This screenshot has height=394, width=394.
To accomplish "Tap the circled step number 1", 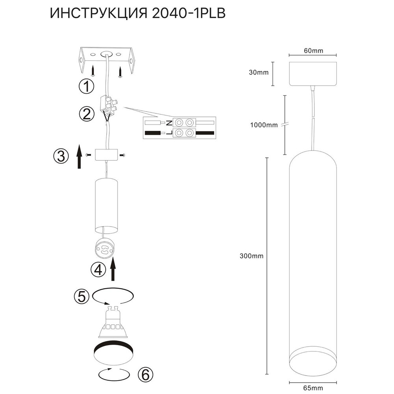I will tap(86, 86).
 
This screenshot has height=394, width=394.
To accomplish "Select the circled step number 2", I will tap(86, 115).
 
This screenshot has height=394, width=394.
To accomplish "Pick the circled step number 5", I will tap(82, 297).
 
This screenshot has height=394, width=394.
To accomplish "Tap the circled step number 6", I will tap(145, 374).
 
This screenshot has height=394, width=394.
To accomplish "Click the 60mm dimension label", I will tap(313, 51).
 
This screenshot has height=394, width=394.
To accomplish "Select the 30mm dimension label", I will tap(259, 73).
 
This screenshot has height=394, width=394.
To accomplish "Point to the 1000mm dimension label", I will tap(264, 125).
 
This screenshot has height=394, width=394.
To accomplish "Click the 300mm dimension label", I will tap(251, 256).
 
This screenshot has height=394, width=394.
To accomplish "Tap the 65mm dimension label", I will tap(313, 388).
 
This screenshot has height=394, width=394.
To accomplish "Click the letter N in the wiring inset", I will tap(169, 123).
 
